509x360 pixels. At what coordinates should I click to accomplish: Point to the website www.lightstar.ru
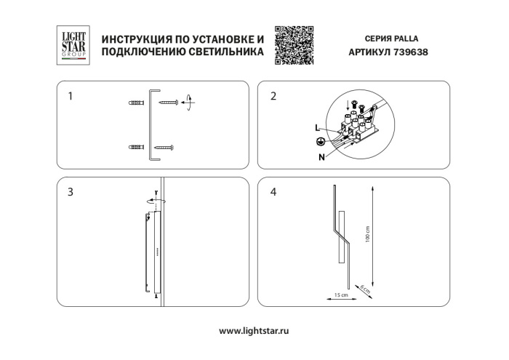tap(254, 330)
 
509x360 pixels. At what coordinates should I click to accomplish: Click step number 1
tap(70, 96)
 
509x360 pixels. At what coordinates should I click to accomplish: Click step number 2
tap(273, 96)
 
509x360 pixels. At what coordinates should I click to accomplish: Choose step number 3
tap(70, 193)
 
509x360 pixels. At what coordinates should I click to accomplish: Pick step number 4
tap(273, 193)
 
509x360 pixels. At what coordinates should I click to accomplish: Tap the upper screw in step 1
tap(169, 103)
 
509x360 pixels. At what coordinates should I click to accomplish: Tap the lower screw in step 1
tap(164, 148)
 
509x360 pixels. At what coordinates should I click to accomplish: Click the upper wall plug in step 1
tap(136, 103)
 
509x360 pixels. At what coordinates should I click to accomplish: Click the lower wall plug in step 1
tap(136, 148)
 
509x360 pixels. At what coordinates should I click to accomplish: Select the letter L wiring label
tap(317, 127)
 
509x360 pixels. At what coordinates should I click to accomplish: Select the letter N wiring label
tap(321, 155)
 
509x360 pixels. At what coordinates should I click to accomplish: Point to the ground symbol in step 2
tap(319, 142)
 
